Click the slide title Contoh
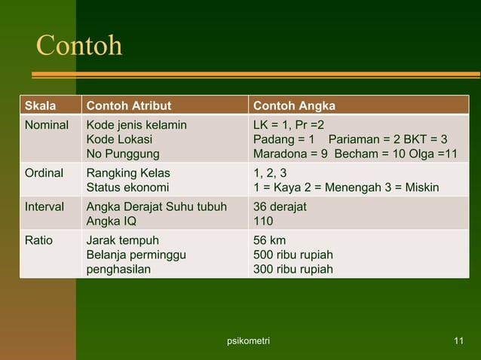tap(79, 47)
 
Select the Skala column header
tap(41, 105)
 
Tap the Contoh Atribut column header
tap(128, 105)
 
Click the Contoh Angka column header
tap(295, 105)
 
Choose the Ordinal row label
tap(44, 172)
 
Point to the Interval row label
tap(44, 206)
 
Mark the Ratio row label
tap(38, 240)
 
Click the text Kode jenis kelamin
tap(137, 124)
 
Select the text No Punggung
tap(124, 154)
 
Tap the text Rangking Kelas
tap(128, 172)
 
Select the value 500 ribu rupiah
tap(293, 255)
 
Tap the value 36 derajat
tap(280, 206)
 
